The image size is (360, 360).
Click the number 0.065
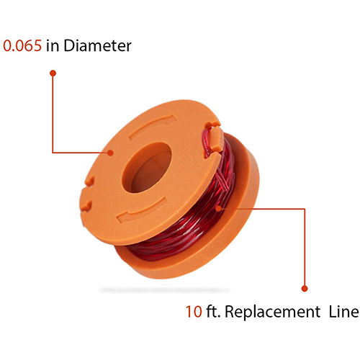pos(22,45)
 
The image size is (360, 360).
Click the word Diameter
pos(97,45)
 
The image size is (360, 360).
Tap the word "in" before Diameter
pos(53,45)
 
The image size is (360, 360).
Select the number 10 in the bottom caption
pos(194,312)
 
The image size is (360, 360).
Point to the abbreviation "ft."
pos(213,311)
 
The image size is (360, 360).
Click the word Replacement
pos(272,312)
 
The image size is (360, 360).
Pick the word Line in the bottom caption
pos(343,312)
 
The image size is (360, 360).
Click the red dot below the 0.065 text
pos(53,73)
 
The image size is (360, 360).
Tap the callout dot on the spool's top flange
pos(110,153)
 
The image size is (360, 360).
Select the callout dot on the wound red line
pos(218,209)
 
